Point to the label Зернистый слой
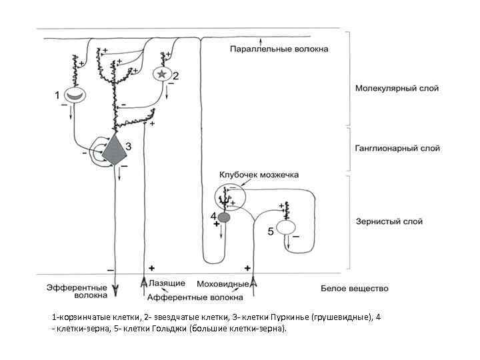click(389, 221)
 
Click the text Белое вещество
click(354, 289)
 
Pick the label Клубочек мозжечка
click(257, 175)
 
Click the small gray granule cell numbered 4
click(224, 217)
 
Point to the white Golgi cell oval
click(286, 227)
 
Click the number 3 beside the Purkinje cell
click(129, 145)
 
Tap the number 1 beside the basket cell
click(57, 95)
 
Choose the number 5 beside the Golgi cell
click(271, 232)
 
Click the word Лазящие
click(163, 283)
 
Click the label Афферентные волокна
click(195, 297)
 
